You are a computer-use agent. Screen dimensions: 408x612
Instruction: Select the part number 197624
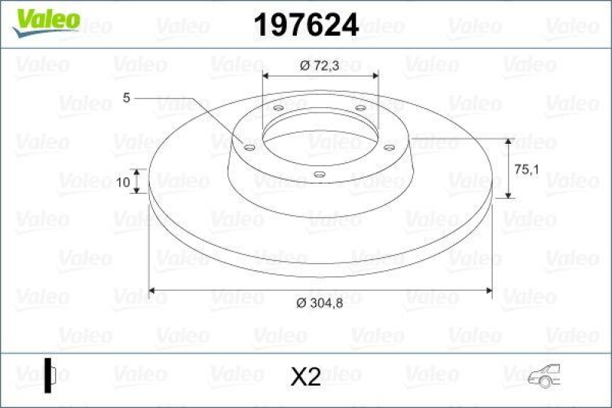305,26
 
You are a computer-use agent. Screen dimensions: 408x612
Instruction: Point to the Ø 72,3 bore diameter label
321,66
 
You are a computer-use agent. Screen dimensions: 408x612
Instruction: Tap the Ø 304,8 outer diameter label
321,303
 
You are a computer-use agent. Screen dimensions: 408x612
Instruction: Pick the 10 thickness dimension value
123,181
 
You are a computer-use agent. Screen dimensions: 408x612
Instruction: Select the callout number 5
127,97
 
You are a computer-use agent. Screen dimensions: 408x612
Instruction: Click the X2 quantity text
306,377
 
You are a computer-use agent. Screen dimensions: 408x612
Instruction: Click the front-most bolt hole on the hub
320,174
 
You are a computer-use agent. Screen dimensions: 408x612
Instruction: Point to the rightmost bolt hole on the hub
389,146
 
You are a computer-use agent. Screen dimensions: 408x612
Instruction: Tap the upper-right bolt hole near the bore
359,109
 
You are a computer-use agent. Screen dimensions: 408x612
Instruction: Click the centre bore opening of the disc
320,138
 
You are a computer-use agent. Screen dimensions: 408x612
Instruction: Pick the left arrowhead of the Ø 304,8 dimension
151,290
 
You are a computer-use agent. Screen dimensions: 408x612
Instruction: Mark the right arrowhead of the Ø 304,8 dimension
489,290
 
